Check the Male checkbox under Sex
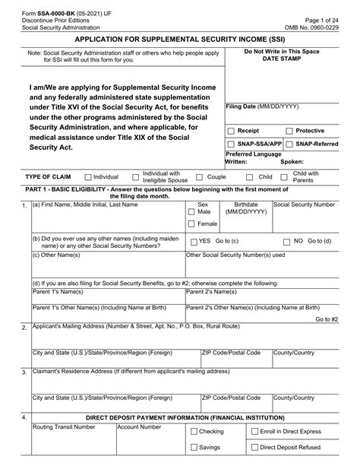[190, 212]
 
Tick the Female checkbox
[190, 224]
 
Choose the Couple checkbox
[199, 176]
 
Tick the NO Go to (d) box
[286, 241]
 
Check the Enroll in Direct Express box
[254, 431]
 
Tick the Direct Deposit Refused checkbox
[254, 448]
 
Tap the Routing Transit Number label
[64, 427]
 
